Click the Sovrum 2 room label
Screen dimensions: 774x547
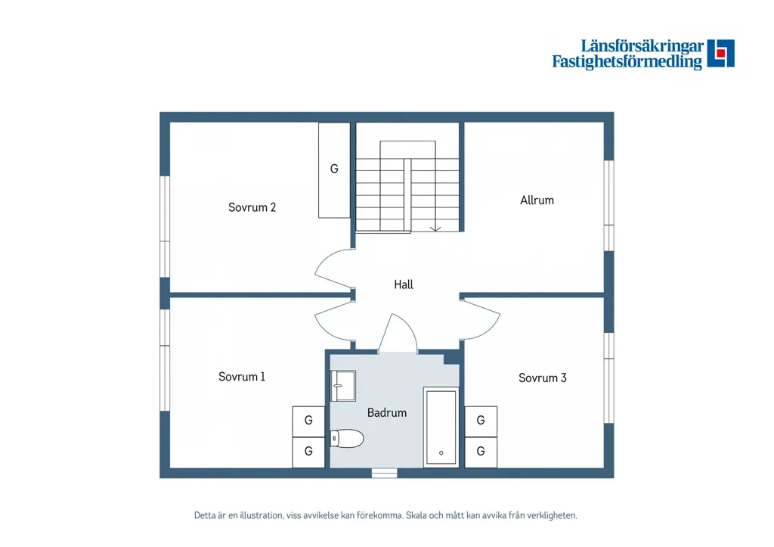252,207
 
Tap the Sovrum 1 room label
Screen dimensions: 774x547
242,377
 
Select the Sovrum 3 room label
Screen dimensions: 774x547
543,378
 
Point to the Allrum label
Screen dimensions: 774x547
537,200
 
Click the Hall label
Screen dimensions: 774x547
404,284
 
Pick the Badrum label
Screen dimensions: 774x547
387,412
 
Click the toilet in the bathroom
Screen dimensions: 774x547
347,438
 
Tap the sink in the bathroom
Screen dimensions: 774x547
343,385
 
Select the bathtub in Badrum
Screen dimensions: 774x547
441,427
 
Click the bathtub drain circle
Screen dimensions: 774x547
441,452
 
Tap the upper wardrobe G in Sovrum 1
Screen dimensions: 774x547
308,421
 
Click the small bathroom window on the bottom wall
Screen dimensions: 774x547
385,473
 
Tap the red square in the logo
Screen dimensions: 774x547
721,53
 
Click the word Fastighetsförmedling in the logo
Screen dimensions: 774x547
627,62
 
